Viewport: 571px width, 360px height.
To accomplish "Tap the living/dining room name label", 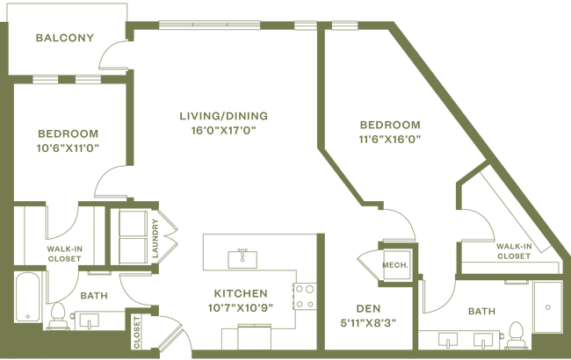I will click(223, 115).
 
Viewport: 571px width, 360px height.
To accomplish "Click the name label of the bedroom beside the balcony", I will click(68, 133).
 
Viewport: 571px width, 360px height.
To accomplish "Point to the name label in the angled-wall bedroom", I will click(390, 125).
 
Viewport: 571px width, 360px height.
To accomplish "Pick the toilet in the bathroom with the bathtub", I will click(61, 319).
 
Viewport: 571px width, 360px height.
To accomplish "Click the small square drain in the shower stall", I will click(548, 308).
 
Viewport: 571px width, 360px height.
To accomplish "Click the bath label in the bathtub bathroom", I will click(91, 296).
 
